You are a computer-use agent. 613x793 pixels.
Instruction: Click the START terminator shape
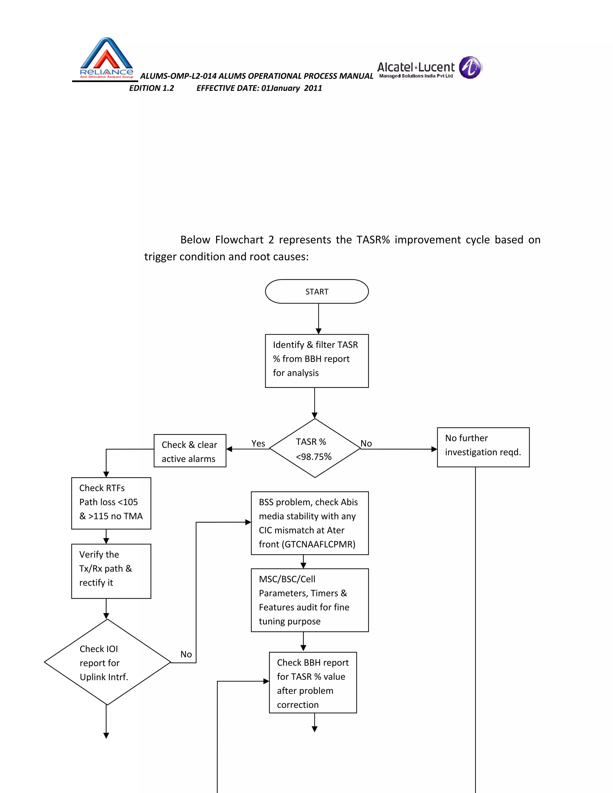(x=317, y=291)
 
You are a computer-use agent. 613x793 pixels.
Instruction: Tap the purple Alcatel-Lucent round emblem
(x=470, y=68)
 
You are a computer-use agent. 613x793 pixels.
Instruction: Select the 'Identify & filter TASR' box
(x=317, y=361)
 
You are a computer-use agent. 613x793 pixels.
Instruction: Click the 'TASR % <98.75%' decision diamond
(x=315, y=449)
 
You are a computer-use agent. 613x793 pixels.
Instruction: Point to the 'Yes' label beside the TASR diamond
(x=258, y=443)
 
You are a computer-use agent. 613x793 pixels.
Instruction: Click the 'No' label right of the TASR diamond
(x=366, y=443)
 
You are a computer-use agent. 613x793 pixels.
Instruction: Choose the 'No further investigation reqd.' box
(x=483, y=447)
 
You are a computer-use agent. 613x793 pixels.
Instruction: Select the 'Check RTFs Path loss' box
(x=111, y=503)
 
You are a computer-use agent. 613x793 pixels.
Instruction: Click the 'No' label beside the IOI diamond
(x=186, y=654)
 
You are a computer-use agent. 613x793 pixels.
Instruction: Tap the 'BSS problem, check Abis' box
(x=309, y=523)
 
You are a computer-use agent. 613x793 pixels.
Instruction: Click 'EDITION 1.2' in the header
(x=151, y=88)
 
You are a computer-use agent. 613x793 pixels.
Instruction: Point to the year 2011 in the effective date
(x=313, y=88)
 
